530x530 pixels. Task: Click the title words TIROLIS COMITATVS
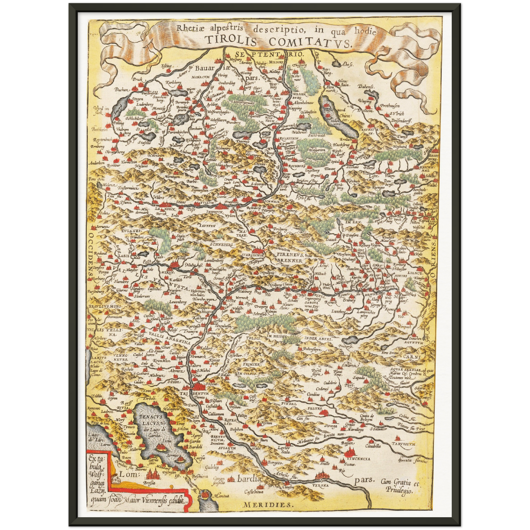278,41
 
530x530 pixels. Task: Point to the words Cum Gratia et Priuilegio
401,486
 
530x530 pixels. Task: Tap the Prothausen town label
390,106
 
